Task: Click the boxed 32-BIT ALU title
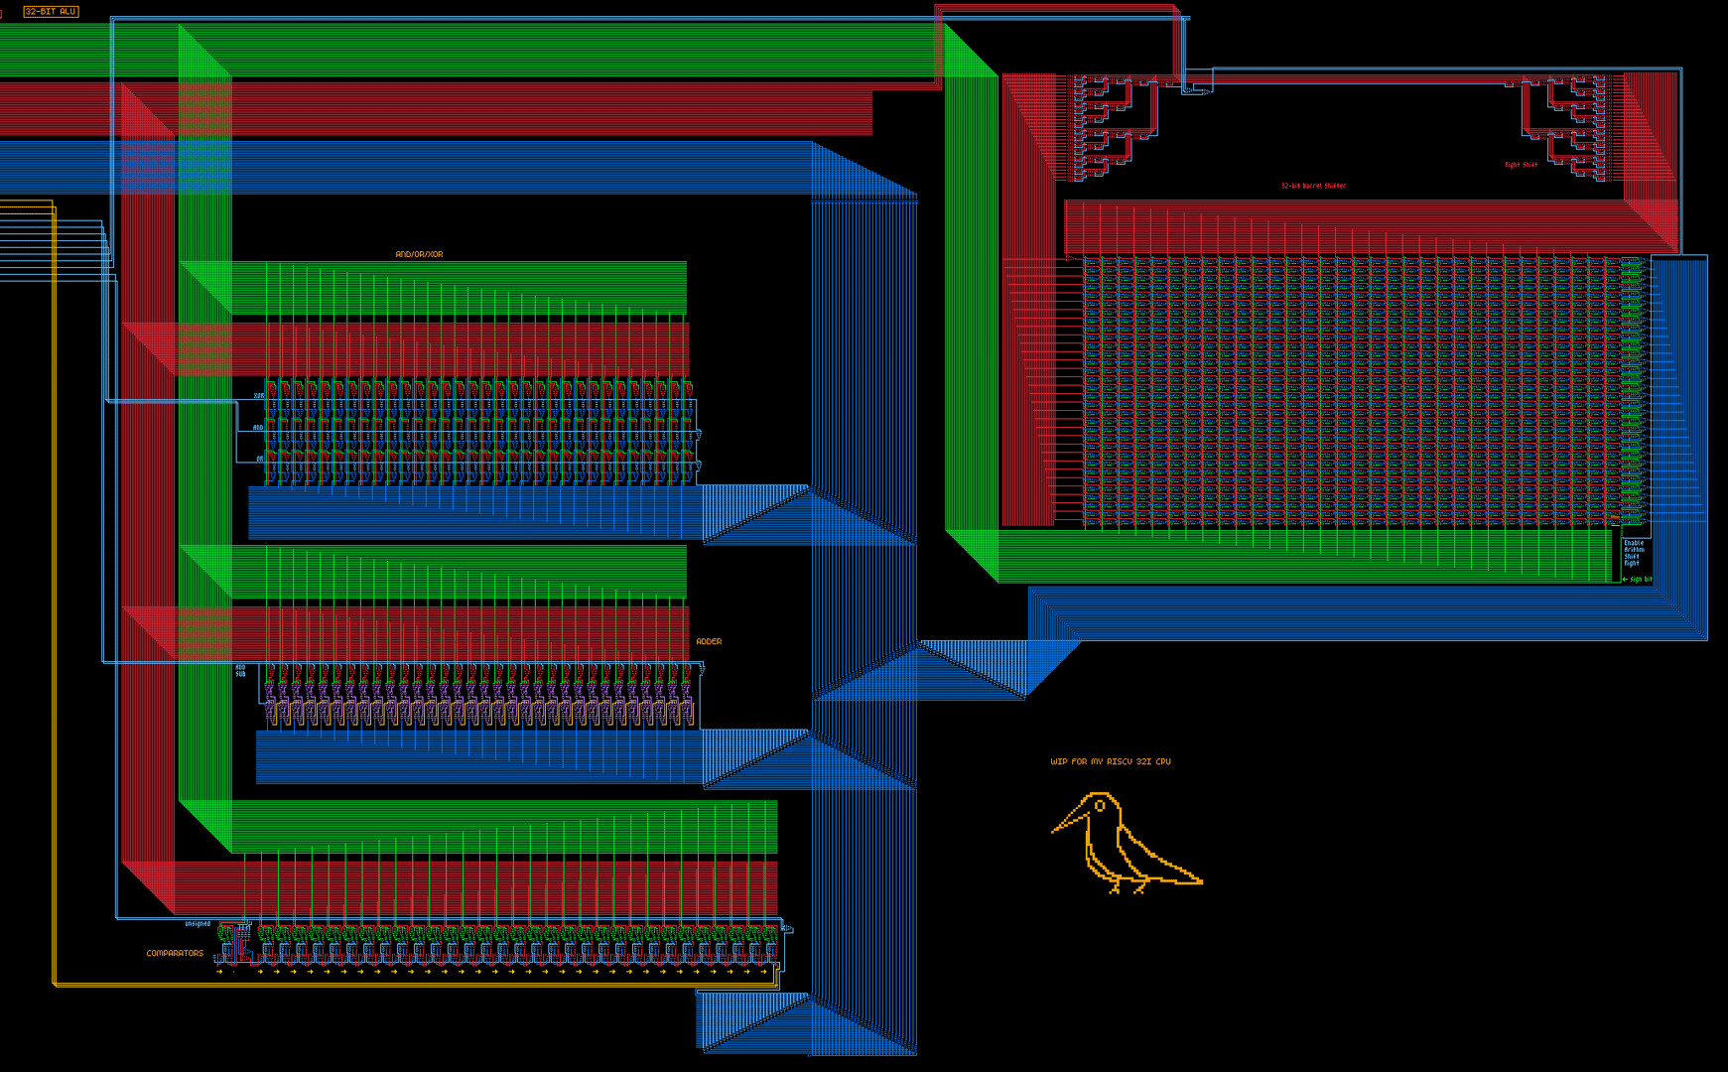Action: pos(51,12)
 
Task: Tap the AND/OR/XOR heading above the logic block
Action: pos(419,255)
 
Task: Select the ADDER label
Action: pos(709,642)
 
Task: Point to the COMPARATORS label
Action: pos(175,954)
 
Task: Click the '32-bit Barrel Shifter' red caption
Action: pos(1313,187)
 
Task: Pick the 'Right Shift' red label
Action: pos(1520,166)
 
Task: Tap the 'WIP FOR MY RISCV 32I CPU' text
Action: pos(1111,762)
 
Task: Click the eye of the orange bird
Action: pos(1100,806)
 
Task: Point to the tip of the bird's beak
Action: pos(1053,831)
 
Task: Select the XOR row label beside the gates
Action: pos(259,396)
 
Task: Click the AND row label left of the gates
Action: pos(258,428)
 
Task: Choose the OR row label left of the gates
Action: pos(260,460)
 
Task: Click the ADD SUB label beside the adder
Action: pos(240,671)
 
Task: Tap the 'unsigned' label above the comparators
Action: pos(198,924)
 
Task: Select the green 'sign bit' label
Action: pos(1641,580)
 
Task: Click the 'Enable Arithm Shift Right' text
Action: pos(1633,553)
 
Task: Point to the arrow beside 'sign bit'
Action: pos(1625,580)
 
